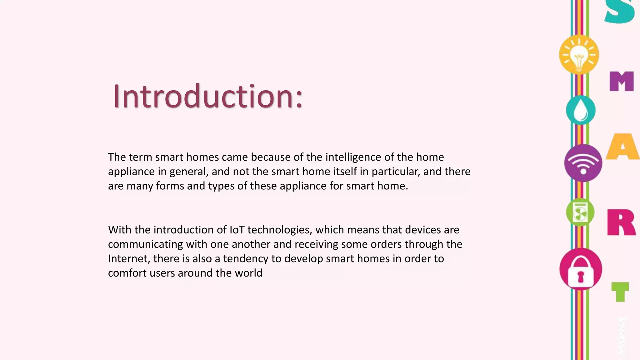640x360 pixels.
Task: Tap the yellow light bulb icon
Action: pos(579,55)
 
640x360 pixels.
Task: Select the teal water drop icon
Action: pos(581,110)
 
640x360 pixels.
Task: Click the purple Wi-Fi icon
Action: pos(583,163)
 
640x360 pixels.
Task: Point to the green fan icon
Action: pos(580,212)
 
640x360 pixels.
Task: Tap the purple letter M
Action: pos(622,81)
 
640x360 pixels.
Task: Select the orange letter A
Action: pos(622,147)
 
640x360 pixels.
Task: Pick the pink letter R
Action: pos(621,222)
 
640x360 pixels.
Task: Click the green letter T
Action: pos(620,292)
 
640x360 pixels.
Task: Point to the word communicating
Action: pos(145,244)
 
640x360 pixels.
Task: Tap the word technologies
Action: pos(280,230)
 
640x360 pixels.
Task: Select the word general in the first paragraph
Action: pos(189,172)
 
